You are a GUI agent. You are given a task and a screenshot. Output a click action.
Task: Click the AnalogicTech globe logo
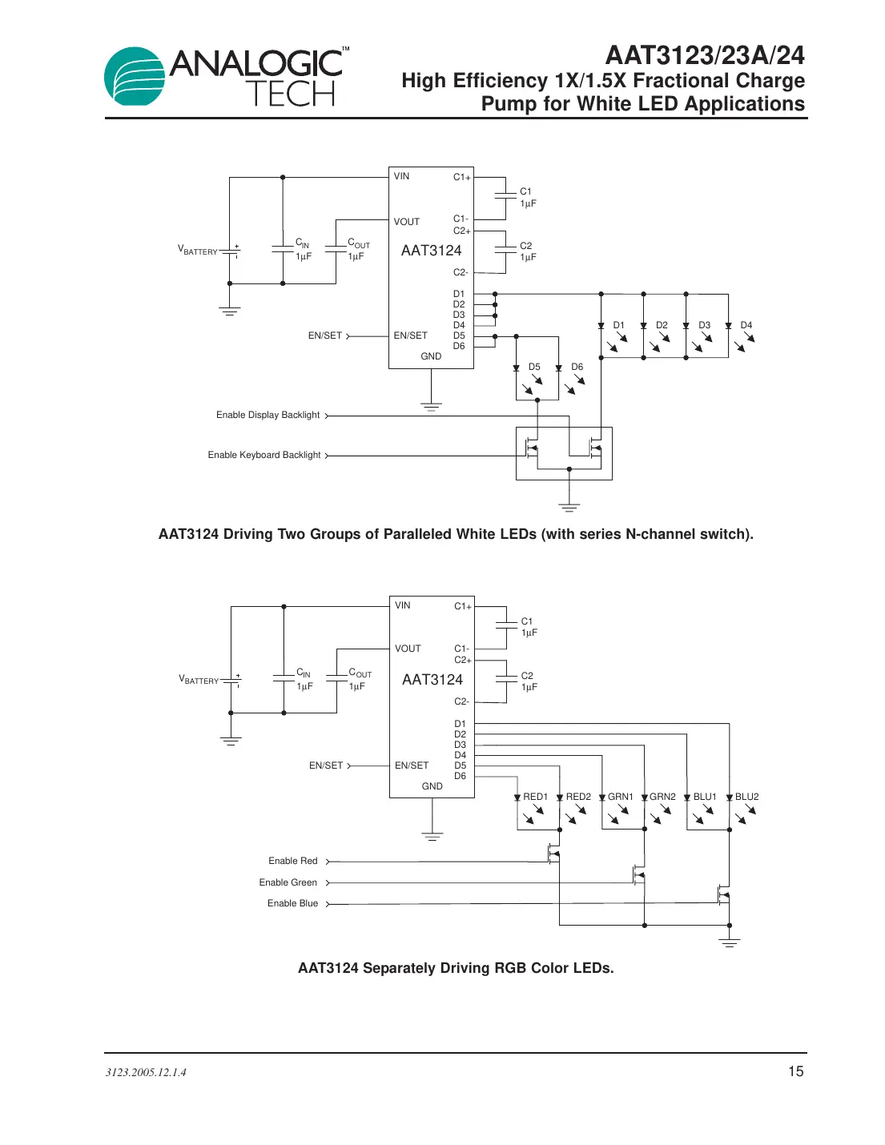pos(135,76)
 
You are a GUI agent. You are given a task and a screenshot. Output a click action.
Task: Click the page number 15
pos(795,1071)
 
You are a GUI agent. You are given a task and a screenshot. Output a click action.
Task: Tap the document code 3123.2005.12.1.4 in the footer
pos(146,1072)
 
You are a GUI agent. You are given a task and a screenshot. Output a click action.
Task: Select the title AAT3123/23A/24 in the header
pos(705,55)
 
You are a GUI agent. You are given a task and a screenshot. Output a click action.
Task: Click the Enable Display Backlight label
pos(268,415)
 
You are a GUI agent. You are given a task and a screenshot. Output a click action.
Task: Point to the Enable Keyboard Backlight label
pos(264,455)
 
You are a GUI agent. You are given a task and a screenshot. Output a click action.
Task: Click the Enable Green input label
pos(288,882)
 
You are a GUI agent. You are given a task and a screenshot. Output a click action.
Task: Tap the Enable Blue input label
pos(292,903)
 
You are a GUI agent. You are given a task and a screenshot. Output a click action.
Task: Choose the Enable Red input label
pos(292,861)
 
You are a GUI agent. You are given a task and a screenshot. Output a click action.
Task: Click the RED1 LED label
pos(535,797)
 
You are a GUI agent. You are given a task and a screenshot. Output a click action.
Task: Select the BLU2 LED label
pos(746,797)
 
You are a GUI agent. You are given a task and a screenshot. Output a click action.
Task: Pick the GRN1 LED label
pos(620,797)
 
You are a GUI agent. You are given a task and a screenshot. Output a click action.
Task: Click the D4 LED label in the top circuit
pos(746,325)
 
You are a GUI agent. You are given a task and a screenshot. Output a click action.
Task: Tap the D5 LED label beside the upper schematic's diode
pos(534,367)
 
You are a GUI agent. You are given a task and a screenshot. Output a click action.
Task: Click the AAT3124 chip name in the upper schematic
pos(431,251)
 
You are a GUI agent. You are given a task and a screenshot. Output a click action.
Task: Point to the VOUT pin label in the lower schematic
pos(408,649)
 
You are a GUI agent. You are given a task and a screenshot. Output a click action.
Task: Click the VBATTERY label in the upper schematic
pos(197,251)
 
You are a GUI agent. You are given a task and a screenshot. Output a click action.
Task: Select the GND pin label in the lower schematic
pos(432,786)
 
